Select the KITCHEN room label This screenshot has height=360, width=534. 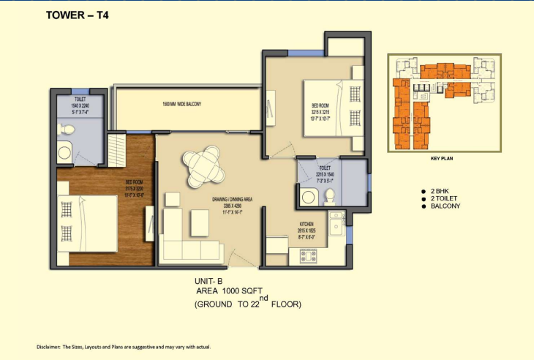tap(307, 225)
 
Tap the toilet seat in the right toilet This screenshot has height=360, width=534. tap(330, 196)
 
